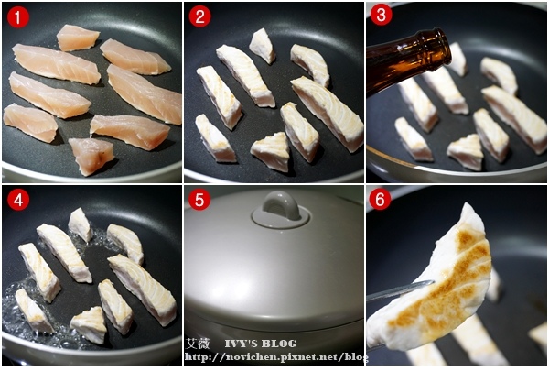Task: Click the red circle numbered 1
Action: (x=18, y=17)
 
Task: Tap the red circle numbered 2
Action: (x=199, y=16)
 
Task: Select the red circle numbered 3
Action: (x=381, y=15)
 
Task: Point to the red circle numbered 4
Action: (x=18, y=200)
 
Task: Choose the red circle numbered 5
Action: (x=199, y=200)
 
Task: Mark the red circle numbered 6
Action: (x=381, y=199)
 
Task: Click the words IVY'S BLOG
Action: (x=260, y=344)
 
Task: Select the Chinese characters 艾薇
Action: (x=199, y=344)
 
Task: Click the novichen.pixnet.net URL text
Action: (x=276, y=357)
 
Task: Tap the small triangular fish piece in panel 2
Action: (x=271, y=151)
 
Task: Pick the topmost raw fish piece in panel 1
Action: (x=78, y=38)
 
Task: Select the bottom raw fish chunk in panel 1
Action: (x=91, y=156)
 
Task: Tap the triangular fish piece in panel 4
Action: (x=89, y=324)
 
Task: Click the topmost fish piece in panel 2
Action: (x=263, y=47)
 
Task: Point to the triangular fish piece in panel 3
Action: (x=466, y=152)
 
